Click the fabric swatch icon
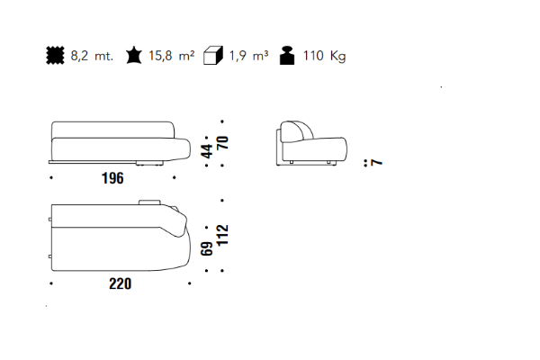point(55,55)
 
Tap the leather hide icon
point(133,56)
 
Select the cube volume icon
point(213,55)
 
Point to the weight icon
point(287,55)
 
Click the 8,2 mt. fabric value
point(92,56)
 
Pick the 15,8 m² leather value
point(172,56)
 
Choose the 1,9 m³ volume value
point(248,56)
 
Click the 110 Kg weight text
point(324,56)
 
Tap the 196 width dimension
point(112,178)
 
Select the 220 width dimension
point(121,283)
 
